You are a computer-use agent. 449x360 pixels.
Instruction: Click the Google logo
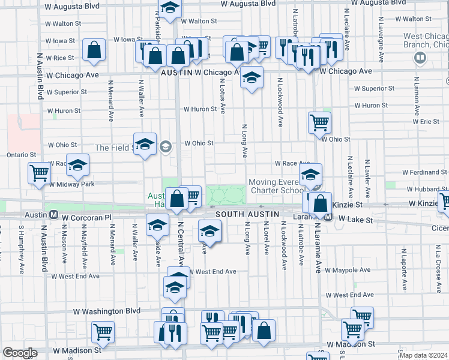(x=19, y=353)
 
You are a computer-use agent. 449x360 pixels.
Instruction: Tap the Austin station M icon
(x=53, y=214)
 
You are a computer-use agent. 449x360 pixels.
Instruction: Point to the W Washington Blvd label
(x=106, y=311)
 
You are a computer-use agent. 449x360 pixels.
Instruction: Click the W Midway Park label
(x=72, y=184)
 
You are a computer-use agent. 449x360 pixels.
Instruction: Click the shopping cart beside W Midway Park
(x=39, y=173)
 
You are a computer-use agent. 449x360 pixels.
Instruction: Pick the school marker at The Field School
(x=145, y=144)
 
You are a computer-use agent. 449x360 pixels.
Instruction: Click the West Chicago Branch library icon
(x=420, y=58)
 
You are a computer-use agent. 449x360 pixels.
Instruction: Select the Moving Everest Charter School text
(x=278, y=186)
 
